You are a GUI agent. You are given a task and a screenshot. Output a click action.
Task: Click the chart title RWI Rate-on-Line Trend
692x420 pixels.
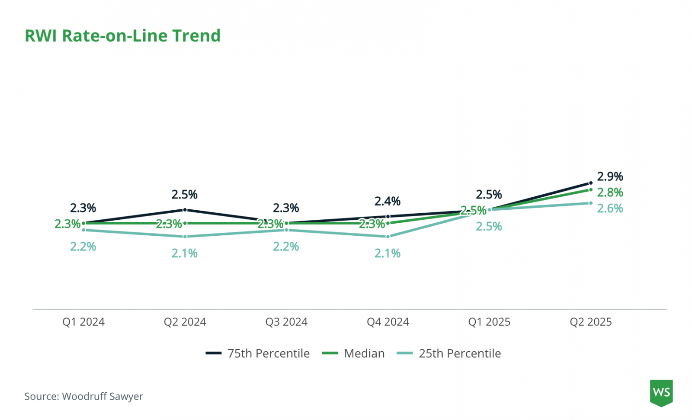(x=123, y=35)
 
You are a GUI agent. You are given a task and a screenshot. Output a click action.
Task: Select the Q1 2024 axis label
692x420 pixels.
(x=83, y=322)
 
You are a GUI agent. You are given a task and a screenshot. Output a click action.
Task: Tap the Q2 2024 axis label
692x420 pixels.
(x=185, y=322)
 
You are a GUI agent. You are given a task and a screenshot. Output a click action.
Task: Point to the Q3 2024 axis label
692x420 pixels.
(x=286, y=322)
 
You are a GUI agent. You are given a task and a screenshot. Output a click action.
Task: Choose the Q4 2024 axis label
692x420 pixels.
(x=388, y=322)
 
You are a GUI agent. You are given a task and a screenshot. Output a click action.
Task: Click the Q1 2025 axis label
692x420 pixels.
(x=489, y=322)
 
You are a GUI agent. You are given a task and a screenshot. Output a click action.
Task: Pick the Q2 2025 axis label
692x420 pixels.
(x=591, y=322)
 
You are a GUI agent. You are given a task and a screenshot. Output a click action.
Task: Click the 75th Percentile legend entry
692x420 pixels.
(x=258, y=353)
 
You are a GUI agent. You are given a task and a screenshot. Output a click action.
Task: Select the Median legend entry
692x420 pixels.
(x=353, y=353)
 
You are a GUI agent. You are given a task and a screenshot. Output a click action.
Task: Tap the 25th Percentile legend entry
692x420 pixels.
(x=449, y=353)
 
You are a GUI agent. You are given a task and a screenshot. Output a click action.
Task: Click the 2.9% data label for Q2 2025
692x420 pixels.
(x=610, y=176)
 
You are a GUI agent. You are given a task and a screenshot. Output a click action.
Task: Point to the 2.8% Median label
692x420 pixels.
(x=610, y=192)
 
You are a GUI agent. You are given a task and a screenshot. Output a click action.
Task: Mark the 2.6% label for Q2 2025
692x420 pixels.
(x=610, y=208)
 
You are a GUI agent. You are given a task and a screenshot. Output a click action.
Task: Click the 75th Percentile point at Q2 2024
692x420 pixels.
(x=185, y=210)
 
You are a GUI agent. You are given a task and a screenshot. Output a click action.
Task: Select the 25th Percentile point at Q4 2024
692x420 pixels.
(x=388, y=237)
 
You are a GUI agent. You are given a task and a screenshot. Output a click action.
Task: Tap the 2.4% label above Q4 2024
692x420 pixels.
(x=388, y=201)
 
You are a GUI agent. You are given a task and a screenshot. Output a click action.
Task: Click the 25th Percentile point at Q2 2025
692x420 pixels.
(x=591, y=203)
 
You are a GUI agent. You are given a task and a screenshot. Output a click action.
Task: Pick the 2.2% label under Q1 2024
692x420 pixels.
(x=83, y=247)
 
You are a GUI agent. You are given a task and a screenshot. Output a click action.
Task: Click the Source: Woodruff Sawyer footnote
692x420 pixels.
(x=83, y=396)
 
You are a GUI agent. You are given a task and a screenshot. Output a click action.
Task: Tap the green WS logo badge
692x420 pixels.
(x=661, y=393)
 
